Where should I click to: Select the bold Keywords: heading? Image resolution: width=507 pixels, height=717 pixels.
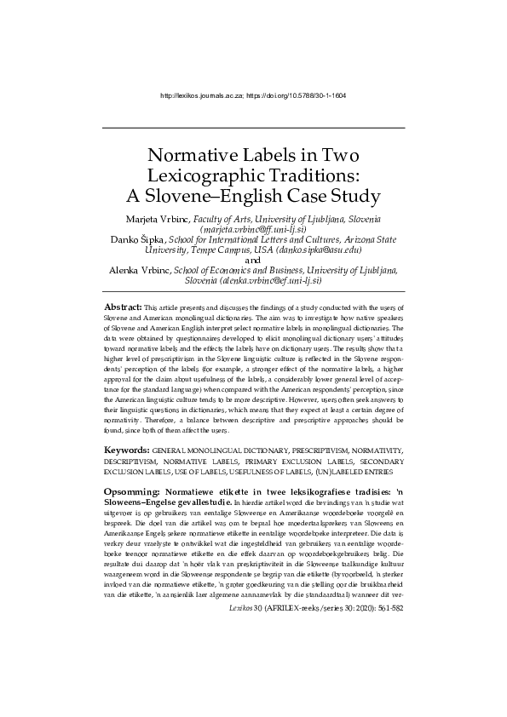click(x=127, y=449)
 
